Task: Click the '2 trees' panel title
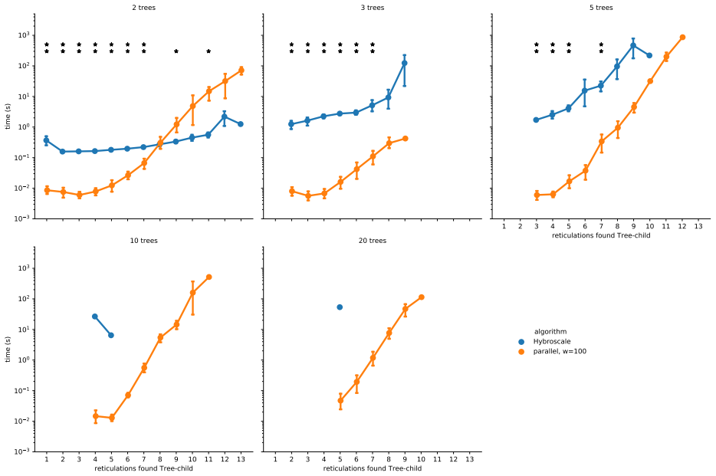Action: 144,8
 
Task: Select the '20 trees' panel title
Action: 372,241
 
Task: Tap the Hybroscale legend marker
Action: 521,342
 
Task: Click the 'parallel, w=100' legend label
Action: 560,351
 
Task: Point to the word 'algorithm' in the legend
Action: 550,332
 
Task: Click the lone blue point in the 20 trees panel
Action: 340,307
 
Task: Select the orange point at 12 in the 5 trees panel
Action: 682,38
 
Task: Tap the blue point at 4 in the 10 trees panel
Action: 95,317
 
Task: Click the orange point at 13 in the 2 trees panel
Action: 241,71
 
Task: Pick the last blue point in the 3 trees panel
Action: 405,64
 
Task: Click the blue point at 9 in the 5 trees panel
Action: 633,46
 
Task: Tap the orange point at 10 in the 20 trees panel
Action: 421,297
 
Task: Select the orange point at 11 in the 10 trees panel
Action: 209,277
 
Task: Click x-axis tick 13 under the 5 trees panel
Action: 698,226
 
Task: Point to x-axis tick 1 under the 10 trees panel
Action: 47,459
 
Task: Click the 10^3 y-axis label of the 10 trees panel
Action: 24,268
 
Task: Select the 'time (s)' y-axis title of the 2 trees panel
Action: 8,117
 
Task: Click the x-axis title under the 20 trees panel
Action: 372,468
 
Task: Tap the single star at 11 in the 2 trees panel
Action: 209,51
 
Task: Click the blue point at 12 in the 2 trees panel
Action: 225,117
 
